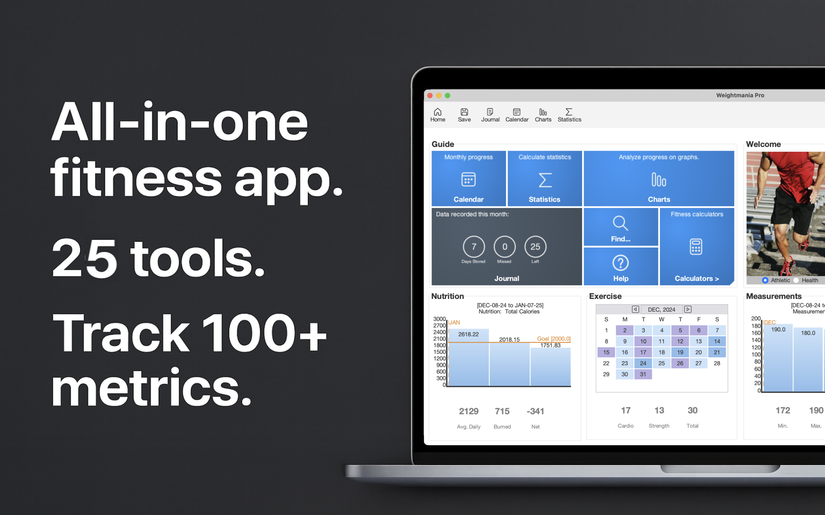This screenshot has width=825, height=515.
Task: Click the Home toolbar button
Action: coord(437,115)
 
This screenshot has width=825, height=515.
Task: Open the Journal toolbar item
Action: coord(490,115)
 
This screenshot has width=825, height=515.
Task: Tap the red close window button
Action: coord(430,96)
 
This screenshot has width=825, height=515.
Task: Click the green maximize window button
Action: coord(447,96)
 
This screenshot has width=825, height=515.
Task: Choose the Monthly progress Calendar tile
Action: coord(468,178)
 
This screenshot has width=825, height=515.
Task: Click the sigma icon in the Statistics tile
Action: coord(545,180)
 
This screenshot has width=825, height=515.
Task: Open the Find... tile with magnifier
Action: coord(620,227)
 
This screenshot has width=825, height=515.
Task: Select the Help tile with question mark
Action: coord(620,267)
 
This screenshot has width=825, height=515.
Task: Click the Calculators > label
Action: coord(696,279)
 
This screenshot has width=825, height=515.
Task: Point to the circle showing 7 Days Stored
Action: coord(473,247)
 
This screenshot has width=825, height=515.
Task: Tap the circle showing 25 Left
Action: coord(535,247)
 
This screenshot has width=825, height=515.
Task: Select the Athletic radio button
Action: coord(765,280)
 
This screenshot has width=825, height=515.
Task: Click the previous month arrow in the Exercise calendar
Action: coord(635,309)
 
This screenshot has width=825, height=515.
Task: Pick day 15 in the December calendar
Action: coord(606,352)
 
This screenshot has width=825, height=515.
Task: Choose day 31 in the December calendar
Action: coord(643,374)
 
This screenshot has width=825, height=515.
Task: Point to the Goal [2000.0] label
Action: coord(553,339)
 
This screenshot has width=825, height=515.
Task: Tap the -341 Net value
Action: coord(535,411)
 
